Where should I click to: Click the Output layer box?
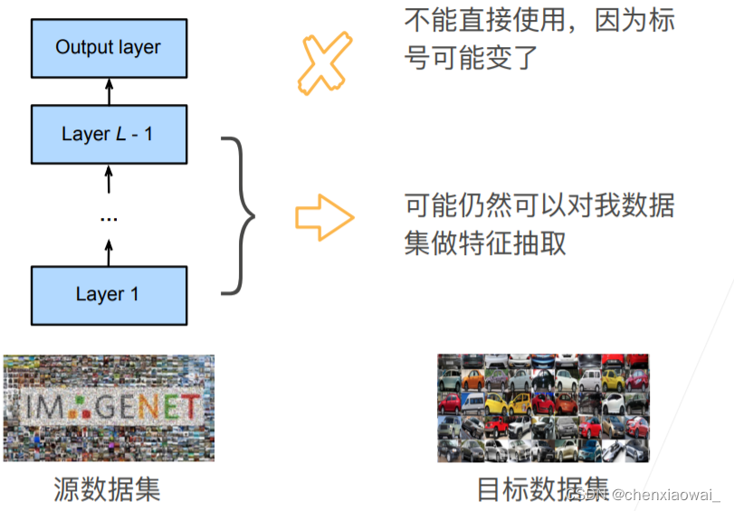pos(109,46)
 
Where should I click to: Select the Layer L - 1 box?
pos(109,134)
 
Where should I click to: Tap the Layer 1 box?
pos(109,295)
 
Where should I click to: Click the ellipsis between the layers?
pos(109,218)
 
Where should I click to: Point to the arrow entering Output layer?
pos(109,90)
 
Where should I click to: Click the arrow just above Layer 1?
pos(109,252)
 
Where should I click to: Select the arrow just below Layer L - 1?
pos(109,178)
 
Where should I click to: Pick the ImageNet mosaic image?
pos(109,408)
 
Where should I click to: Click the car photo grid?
pos(543,408)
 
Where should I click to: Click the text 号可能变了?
pos(471,59)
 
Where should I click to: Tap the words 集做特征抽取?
pos(485,243)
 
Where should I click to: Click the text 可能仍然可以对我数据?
pos(539,205)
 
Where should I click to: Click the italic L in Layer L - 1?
pos(119,134)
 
